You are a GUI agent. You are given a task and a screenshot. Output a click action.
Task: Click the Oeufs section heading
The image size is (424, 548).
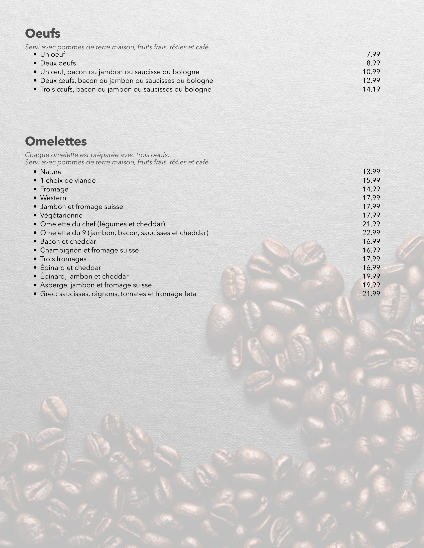[x=43, y=34]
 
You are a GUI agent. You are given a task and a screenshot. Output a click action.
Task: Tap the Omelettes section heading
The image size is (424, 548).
[x=56, y=141]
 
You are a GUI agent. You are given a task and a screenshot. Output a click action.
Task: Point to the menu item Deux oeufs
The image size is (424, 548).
[x=58, y=63]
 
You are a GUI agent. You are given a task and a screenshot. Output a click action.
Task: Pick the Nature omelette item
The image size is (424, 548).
[x=51, y=172]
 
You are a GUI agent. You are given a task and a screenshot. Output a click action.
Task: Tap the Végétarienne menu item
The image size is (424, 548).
[x=61, y=215]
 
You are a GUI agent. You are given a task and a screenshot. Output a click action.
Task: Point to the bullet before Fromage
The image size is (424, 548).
[x=35, y=190]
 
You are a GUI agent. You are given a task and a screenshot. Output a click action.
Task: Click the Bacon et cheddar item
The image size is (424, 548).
[x=68, y=242]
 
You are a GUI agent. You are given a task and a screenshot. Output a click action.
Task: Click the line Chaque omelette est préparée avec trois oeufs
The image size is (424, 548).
[x=97, y=155]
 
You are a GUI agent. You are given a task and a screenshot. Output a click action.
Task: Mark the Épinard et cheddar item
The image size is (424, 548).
[x=70, y=268]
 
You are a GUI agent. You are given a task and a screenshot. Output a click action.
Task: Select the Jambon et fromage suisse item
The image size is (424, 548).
[x=81, y=207]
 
